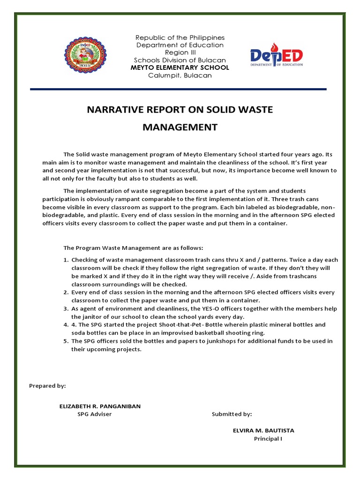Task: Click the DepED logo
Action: (276, 58)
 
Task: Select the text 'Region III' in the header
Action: (180, 52)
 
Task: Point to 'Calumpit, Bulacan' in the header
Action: (180, 75)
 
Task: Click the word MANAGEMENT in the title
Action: (180, 127)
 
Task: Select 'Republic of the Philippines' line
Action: (180, 37)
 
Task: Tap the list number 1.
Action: (66, 260)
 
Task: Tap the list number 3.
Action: (66, 309)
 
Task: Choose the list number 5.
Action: (66, 341)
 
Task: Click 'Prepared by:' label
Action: (47, 386)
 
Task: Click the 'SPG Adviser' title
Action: (95, 414)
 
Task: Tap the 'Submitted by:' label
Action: (232, 414)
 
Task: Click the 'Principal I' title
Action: (268, 439)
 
